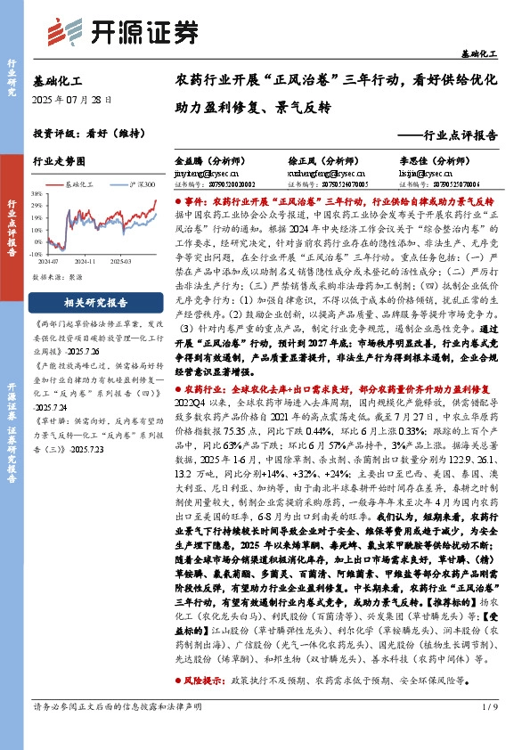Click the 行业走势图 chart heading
pos(59,162)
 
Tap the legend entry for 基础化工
pos(80,183)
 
